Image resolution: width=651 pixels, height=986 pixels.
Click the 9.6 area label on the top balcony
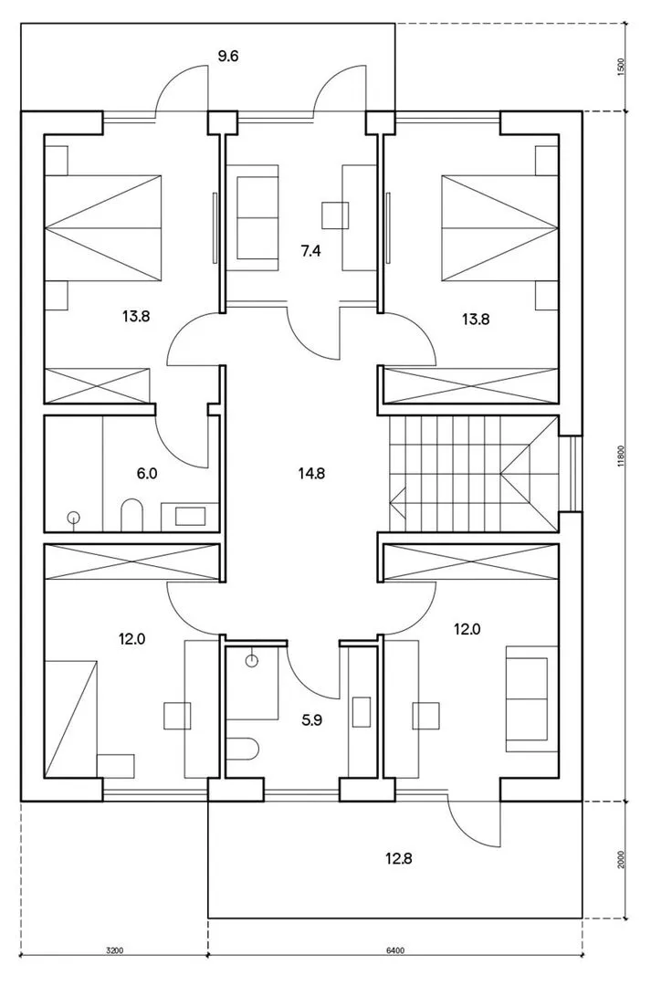[x=228, y=57]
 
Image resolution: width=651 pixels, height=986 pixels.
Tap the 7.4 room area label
[x=310, y=252]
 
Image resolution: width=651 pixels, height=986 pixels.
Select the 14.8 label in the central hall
[x=311, y=473]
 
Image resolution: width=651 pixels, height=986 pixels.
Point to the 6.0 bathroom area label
[x=147, y=473]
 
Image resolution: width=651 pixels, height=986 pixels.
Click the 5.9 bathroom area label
[x=312, y=720]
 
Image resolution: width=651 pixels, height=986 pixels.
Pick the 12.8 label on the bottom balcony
[x=398, y=858]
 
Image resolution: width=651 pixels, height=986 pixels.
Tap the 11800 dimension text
[x=621, y=456]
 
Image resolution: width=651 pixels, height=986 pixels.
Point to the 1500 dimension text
[x=621, y=68]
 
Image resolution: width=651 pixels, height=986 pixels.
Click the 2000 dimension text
[x=621, y=860]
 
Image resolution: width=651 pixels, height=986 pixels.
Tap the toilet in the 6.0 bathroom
[x=132, y=514]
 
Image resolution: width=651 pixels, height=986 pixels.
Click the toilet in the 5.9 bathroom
[x=243, y=750]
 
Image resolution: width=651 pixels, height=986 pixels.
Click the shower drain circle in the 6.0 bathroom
[x=74, y=518]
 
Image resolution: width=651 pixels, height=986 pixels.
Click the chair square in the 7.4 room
[x=335, y=215]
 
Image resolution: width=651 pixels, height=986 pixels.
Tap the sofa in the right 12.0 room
[x=531, y=698]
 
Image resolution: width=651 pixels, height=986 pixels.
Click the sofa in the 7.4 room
[x=257, y=217]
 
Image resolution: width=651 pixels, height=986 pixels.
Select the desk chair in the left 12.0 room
[x=177, y=717]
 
